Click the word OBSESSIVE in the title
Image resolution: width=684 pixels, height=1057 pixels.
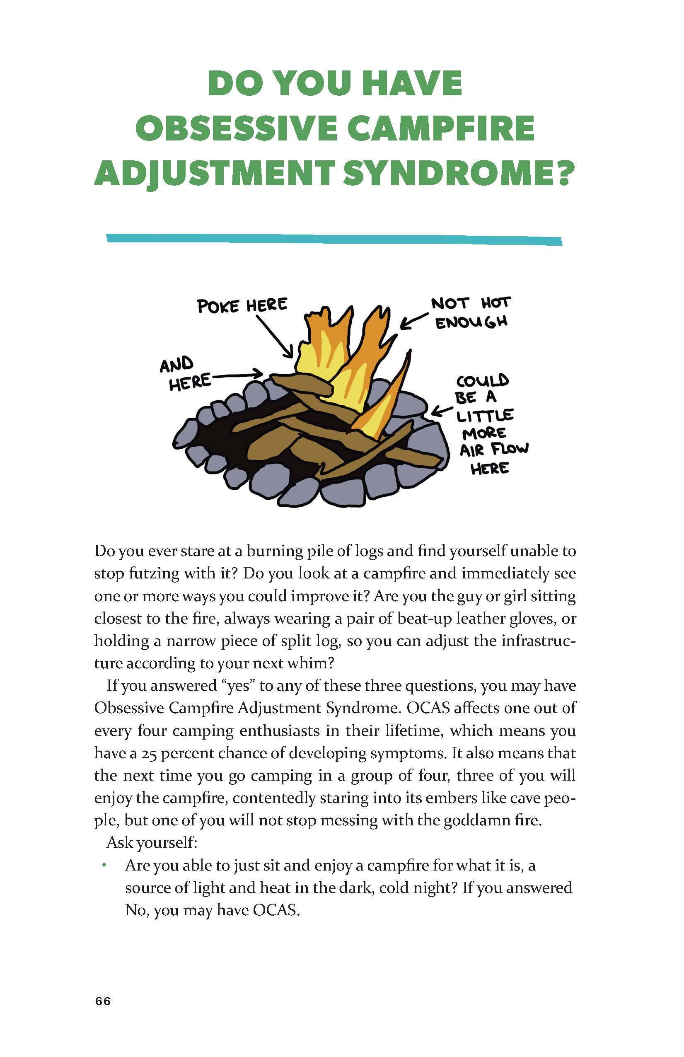point(238,128)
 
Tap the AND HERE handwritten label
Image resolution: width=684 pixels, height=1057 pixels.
point(184,373)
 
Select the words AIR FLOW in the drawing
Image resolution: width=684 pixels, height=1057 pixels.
point(494,450)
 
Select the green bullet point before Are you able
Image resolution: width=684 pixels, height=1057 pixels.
point(104,865)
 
